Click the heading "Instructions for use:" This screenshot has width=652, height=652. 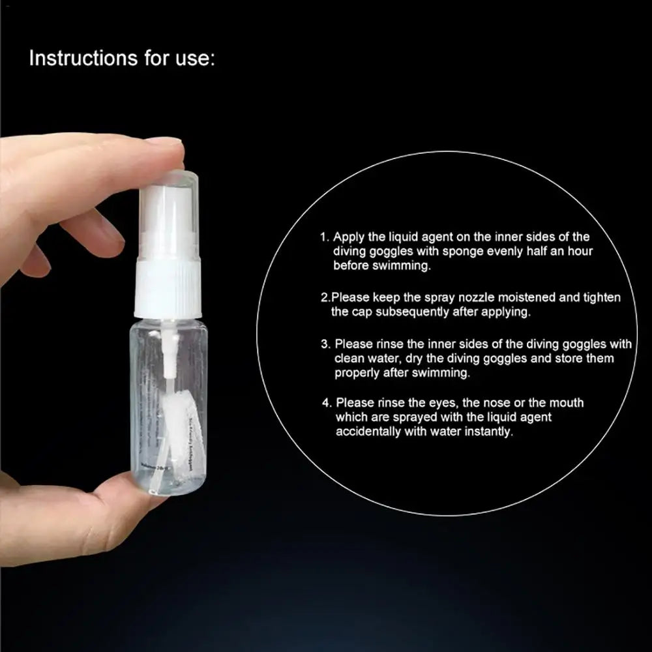(x=122, y=58)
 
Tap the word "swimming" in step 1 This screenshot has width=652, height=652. (x=398, y=265)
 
